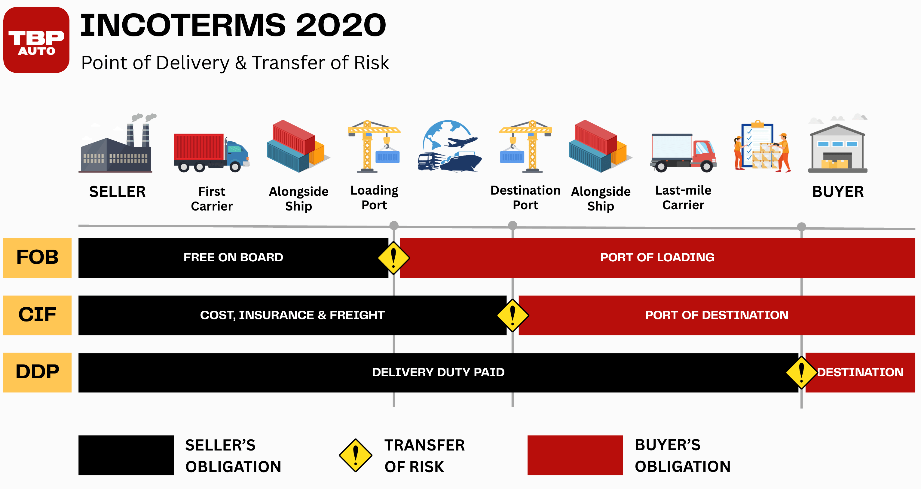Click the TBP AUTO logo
click(36, 40)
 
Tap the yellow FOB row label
click(37, 257)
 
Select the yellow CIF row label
click(37, 315)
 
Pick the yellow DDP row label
click(37, 372)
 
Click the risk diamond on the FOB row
click(394, 257)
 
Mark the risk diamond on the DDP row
click(802, 372)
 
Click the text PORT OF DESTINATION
click(717, 315)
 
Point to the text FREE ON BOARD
click(233, 257)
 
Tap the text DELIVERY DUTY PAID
click(438, 372)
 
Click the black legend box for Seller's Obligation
click(126, 455)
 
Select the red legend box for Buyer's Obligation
click(575, 455)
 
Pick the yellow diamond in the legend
click(355, 455)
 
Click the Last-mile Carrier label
click(683, 198)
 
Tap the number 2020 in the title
click(341, 25)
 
